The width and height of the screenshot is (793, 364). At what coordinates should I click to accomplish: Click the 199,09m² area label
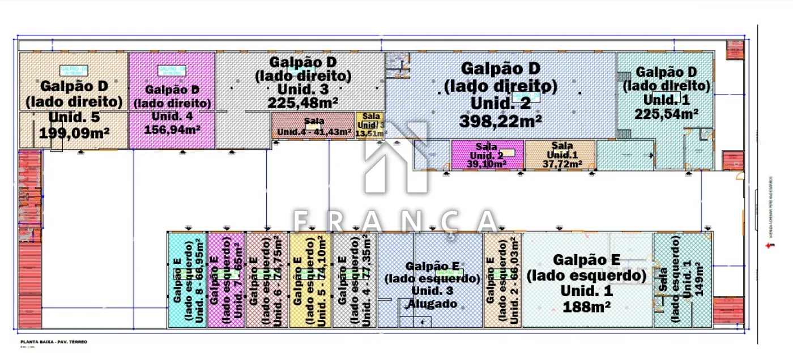pos(74,133)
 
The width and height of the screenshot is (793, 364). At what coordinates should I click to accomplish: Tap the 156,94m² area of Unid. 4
pos(172,130)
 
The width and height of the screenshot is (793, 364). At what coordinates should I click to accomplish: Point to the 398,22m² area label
pos(501,121)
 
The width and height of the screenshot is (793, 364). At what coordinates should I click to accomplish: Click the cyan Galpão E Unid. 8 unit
pos(187,280)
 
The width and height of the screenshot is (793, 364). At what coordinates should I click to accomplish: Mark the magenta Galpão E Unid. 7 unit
pos(226,280)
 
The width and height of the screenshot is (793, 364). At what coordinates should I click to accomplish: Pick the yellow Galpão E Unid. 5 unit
pos(309,280)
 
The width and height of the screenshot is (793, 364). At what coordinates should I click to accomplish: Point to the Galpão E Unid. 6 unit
pos(267,280)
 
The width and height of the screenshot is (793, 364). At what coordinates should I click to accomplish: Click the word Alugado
pos(432,304)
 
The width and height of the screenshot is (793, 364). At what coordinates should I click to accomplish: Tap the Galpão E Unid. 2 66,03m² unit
pos(502,280)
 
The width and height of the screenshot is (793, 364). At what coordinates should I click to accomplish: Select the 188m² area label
pos(586,307)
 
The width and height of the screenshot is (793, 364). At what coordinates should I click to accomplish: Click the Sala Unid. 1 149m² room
pos(682,280)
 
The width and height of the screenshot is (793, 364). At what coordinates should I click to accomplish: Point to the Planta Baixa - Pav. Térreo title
pos(54,342)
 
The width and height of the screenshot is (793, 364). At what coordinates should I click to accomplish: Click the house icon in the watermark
pos(396,159)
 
